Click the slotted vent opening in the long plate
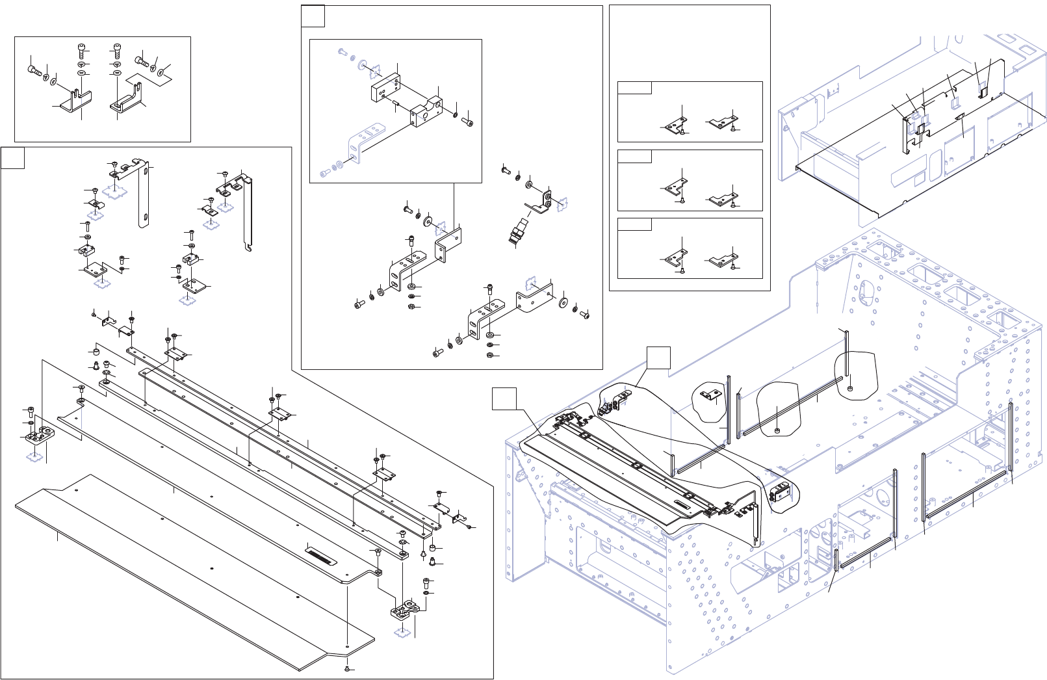coord(321,555)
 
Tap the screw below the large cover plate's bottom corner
coord(348,668)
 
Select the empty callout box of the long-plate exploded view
coord(12,158)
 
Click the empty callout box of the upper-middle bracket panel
coord(313,16)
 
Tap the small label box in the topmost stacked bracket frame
coord(634,88)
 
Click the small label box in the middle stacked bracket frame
coord(634,156)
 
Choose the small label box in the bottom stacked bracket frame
coord(634,224)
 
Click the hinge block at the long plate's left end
coord(40,434)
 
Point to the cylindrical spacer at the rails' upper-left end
coord(96,352)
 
